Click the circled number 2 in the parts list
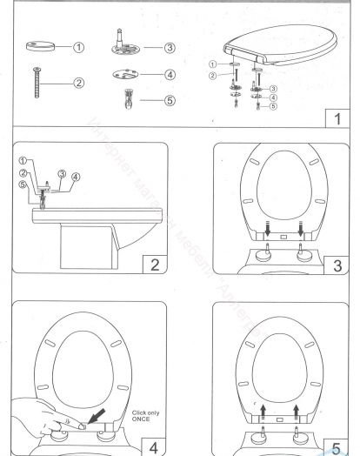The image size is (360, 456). [78, 84]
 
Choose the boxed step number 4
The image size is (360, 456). [157, 429]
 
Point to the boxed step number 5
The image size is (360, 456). [333, 429]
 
